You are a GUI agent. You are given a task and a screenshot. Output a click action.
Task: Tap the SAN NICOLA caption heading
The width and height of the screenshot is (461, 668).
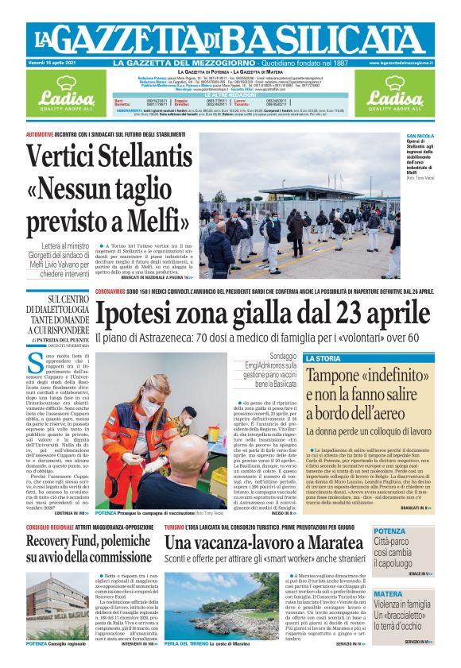click(420, 136)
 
